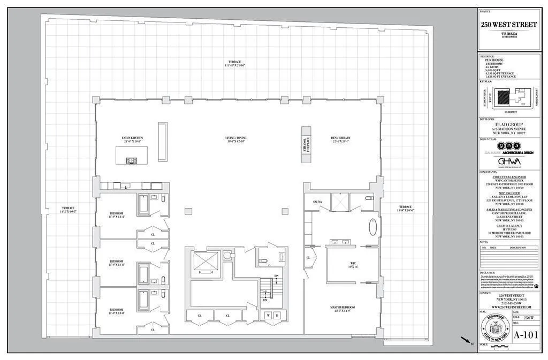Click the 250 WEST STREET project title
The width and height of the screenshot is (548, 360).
click(508, 25)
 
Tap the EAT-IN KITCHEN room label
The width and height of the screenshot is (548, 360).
click(132, 138)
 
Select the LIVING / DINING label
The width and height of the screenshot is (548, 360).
click(235, 138)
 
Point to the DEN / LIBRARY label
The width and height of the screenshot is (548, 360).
click(340, 138)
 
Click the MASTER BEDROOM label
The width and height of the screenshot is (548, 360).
click(342, 308)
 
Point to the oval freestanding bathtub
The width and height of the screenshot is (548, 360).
click(372, 227)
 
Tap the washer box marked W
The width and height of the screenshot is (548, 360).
click(268, 316)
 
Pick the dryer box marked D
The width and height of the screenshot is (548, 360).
click(277, 316)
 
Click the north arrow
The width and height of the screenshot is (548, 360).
click(466, 340)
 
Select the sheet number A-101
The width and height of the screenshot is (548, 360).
click(526, 335)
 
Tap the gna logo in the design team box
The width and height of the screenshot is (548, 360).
click(508, 145)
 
